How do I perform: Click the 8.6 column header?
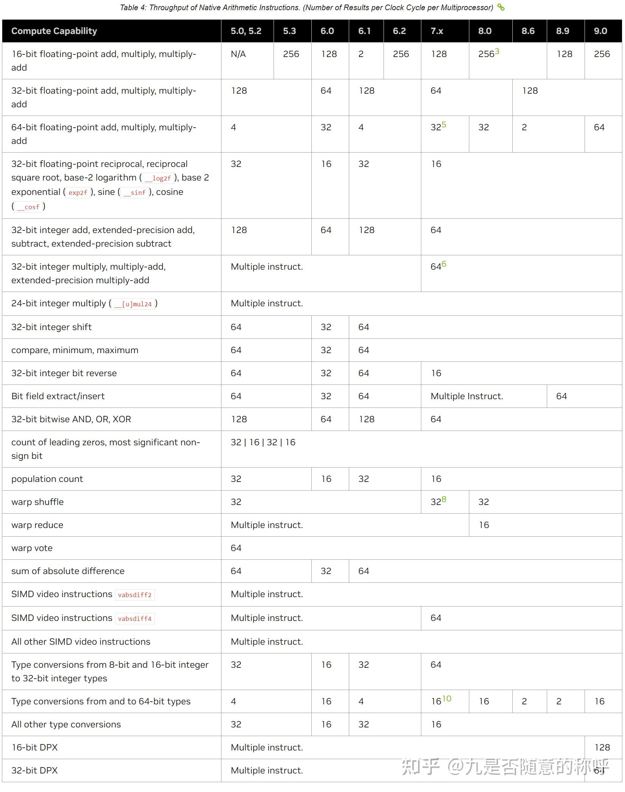(x=528, y=31)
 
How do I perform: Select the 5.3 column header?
(x=289, y=31)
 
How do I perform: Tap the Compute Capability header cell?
(x=54, y=31)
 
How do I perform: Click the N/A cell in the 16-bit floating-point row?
(x=238, y=54)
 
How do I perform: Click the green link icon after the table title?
(x=501, y=7)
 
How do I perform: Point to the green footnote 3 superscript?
(x=497, y=51)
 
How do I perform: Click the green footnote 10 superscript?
(x=447, y=699)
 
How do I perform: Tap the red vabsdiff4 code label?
(x=135, y=619)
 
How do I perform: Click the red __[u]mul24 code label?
(x=133, y=304)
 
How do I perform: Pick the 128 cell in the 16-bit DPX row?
(x=602, y=747)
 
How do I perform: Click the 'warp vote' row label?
(x=32, y=548)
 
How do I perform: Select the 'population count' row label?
(x=47, y=479)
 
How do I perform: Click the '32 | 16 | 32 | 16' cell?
(x=263, y=442)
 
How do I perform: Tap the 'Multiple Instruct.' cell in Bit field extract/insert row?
(x=467, y=396)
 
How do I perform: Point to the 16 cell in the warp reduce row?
(x=484, y=525)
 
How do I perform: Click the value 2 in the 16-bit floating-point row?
(x=361, y=54)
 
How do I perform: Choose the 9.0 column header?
(x=600, y=31)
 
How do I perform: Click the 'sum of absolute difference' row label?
(x=68, y=571)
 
